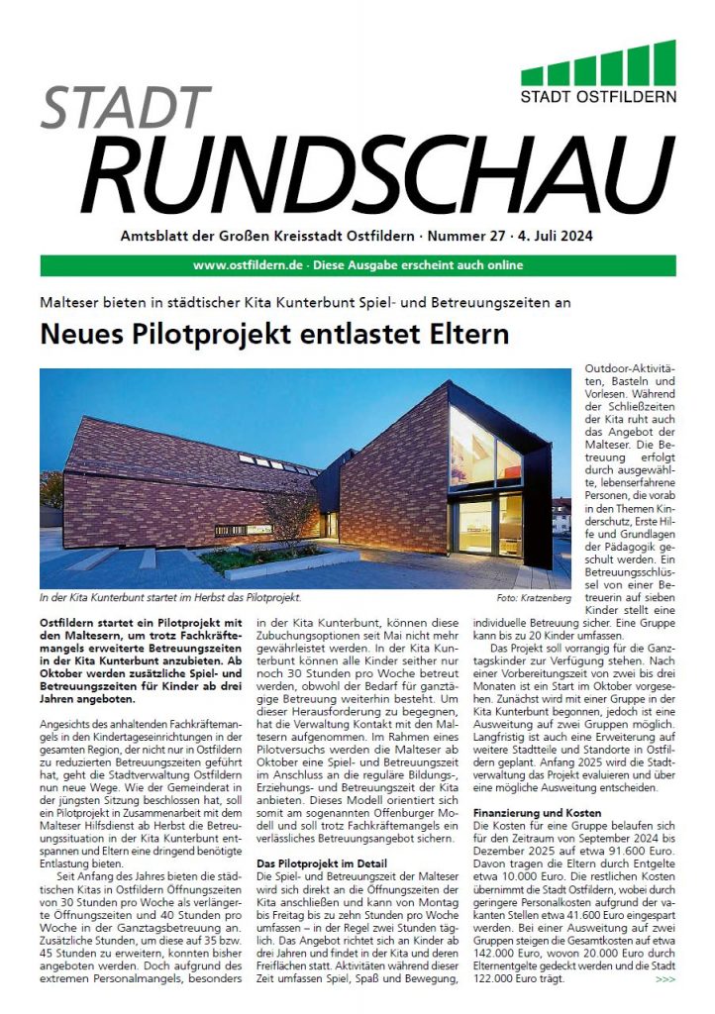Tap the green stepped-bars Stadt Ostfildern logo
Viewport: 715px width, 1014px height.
click(598, 63)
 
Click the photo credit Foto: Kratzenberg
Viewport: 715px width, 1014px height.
click(534, 599)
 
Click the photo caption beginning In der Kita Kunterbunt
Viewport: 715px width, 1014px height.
click(169, 599)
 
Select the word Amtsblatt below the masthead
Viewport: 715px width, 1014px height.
click(157, 238)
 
